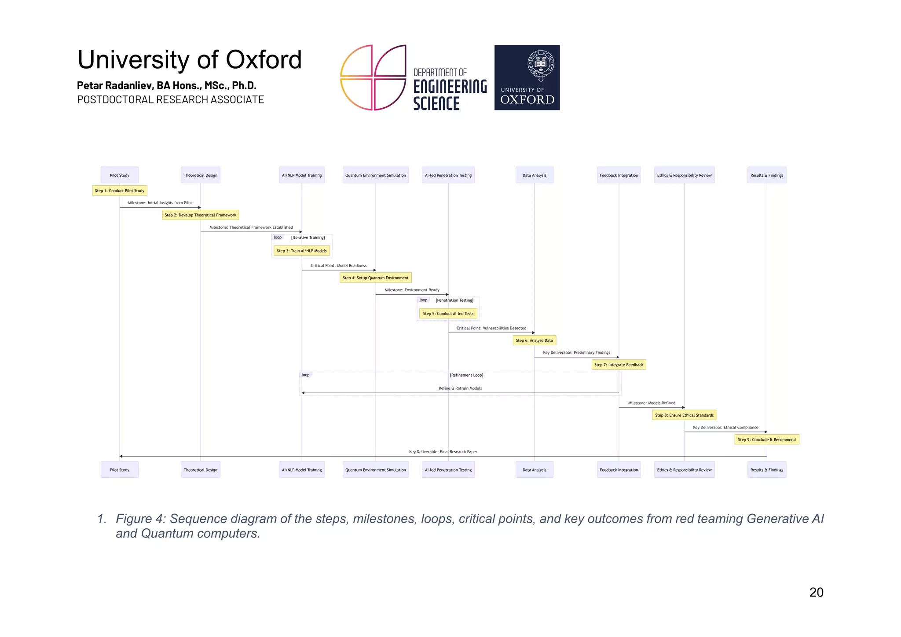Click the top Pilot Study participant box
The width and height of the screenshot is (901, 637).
[x=119, y=175]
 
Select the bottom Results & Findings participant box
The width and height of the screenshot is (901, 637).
[x=766, y=470]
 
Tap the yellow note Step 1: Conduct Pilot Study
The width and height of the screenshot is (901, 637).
[x=119, y=190]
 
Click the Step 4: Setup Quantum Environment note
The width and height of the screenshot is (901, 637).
[x=375, y=278]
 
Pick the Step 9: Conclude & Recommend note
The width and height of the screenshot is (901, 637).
[x=766, y=439]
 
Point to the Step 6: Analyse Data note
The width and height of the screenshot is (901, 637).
[x=534, y=340]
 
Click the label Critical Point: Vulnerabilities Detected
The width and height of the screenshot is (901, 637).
[x=491, y=328]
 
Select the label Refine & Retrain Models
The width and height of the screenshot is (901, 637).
[x=460, y=388]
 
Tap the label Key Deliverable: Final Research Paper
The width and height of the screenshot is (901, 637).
[x=443, y=452]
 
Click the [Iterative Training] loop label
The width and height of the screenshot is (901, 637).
[x=308, y=238]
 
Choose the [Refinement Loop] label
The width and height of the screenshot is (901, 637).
[x=466, y=375]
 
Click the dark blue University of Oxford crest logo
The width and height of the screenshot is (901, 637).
[x=527, y=77]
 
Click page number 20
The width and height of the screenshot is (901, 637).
[x=816, y=592]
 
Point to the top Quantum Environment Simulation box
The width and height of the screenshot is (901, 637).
[x=375, y=175]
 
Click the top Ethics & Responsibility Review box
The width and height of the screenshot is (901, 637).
[x=684, y=175]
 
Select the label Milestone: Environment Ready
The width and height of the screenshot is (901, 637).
[x=412, y=290]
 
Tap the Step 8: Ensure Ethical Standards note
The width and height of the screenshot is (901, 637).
[x=684, y=415]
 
